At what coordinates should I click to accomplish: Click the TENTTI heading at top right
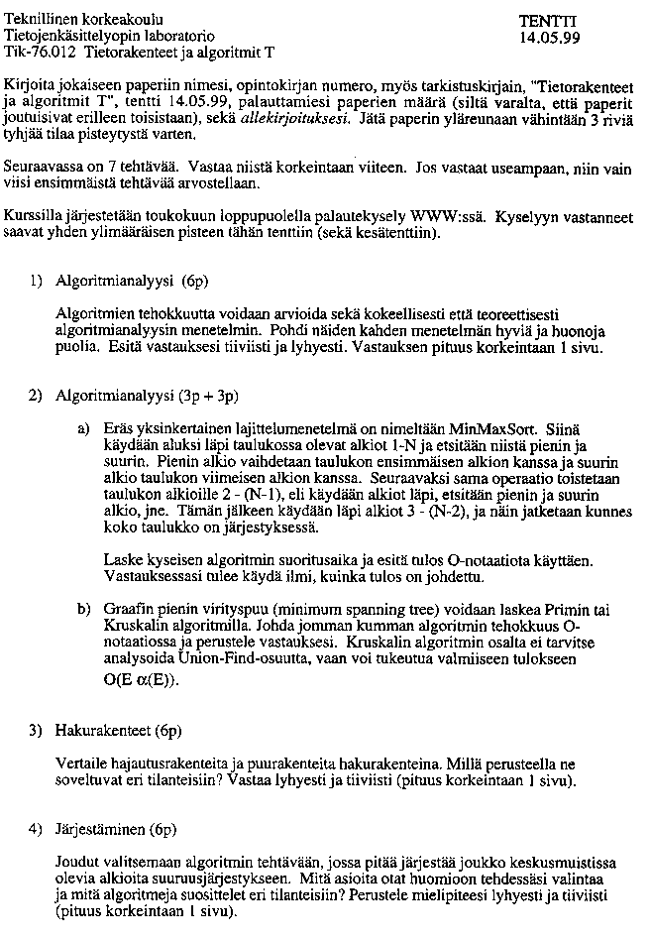548,20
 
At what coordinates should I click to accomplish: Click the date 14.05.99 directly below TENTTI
548,37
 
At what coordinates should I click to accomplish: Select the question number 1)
36,281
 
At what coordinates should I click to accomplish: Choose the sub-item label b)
85,608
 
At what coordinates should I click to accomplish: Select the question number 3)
36,731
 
